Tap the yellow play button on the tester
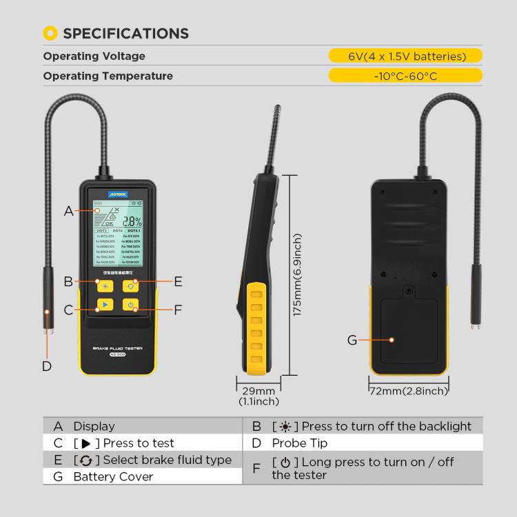pyautogui.click(x=104, y=304)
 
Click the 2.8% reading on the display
pyautogui.click(x=132, y=222)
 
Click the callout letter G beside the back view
pyautogui.click(x=352, y=340)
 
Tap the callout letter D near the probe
pyautogui.click(x=47, y=366)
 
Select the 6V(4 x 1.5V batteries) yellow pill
pyautogui.click(x=405, y=57)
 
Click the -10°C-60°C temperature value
pyautogui.click(x=405, y=76)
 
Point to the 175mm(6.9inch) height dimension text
pyautogui.click(x=298, y=274)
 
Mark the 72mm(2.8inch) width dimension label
pyautogui.click(x=409, y=391)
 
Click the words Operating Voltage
pyautogui.click(x=94, y=57)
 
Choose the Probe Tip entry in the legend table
pyautogui.click(x=299, y=443)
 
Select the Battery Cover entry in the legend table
pyautogui.click(x=113, y=476)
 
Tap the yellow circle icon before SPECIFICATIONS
pyautogui.click(x=50, y=33)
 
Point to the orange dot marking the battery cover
pyautogui.click(x=391, y=340)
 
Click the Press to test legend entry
pyautogui.click(x=138, y=443)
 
